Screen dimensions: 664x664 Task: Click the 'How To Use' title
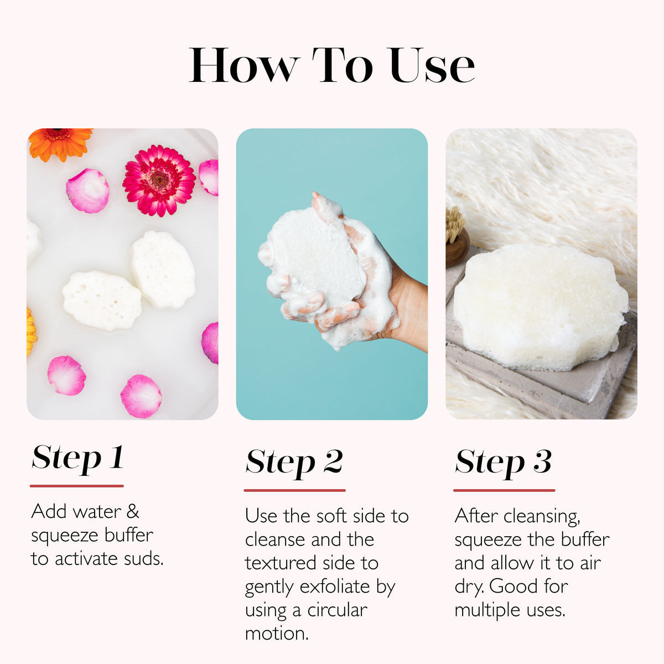332,65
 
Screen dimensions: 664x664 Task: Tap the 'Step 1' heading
77,458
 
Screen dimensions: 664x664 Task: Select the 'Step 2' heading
294,462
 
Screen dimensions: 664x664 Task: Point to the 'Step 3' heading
503,462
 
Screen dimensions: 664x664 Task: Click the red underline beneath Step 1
77,486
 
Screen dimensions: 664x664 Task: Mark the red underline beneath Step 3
504,490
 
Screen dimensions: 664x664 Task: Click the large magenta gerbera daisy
159,180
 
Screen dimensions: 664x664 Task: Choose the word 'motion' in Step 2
277,634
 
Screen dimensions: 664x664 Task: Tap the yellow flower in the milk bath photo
31,332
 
